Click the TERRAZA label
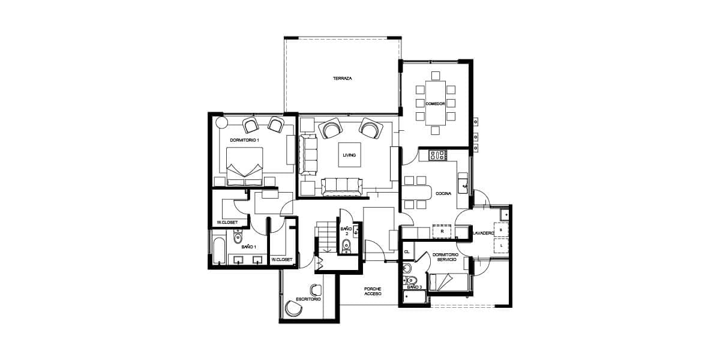point(343,79)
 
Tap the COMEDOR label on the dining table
point(435,104)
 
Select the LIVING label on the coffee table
point(349,155)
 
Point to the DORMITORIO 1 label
point(245,140)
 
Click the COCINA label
point(443,193)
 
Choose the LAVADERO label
point(483,233)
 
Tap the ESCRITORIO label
point(308,299)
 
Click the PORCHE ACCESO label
point(373,292)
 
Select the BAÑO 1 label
point(249,247)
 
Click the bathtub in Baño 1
point(220,250)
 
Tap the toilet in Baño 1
point(238,237)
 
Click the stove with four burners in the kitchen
point(439,155)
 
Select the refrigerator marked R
point(442,232)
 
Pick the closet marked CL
point(407,251)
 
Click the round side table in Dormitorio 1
point(221,122)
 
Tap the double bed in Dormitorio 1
point(245,167)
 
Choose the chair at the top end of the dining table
point(436,76)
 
